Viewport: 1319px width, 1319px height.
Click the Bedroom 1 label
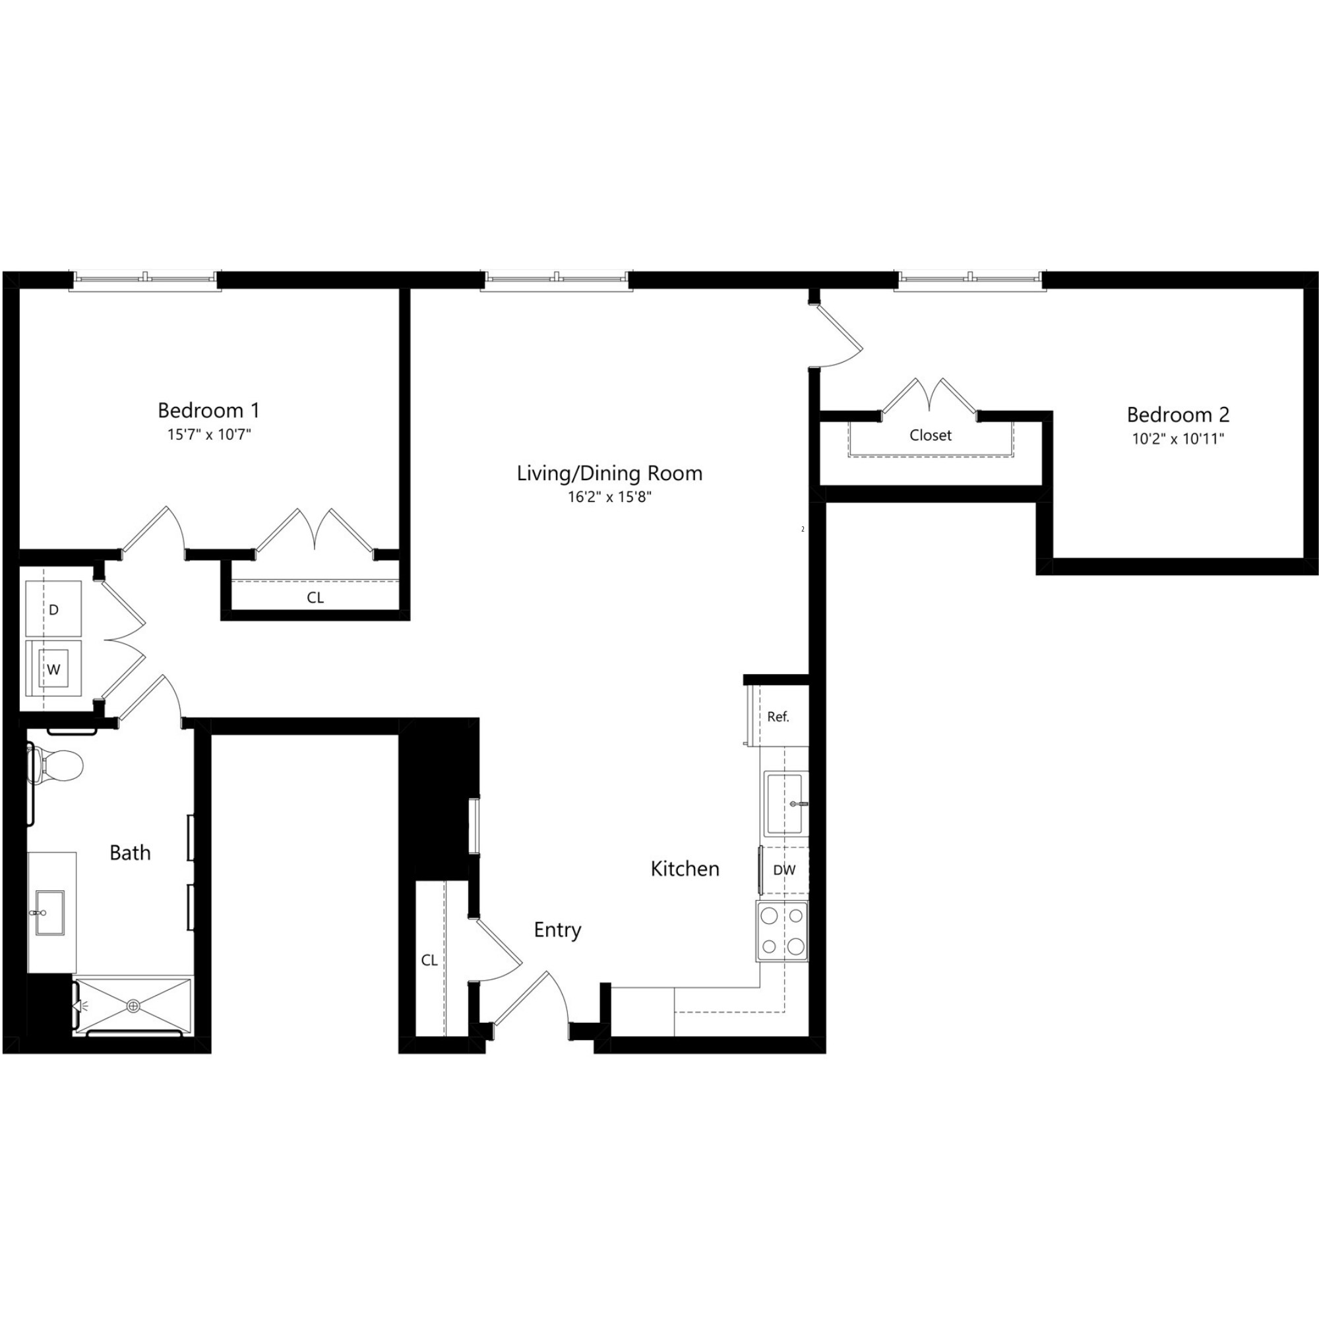(208, 410)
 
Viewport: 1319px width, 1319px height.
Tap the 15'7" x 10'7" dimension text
(209, 434)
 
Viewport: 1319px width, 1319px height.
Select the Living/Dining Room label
(609, 473)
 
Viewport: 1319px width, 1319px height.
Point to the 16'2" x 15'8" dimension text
(609, 497)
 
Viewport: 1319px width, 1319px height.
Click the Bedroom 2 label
(1178, 414)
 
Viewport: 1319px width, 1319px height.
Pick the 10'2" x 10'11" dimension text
(1178, 439)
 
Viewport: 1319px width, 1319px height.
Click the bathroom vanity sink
(49, 912)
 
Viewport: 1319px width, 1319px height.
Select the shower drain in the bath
(133, 1006)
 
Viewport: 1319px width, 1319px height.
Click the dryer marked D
(53, 609)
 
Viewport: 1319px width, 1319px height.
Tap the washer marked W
(53, 669)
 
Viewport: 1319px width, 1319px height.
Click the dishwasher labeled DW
(784, 870)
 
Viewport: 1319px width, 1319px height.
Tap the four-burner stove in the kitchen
(782, 931)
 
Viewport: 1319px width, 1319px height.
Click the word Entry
(557, 930)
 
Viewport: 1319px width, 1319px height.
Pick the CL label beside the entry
(429, 960)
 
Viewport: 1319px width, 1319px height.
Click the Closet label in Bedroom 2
(930, 435)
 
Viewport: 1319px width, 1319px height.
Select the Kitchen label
(685, 869)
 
